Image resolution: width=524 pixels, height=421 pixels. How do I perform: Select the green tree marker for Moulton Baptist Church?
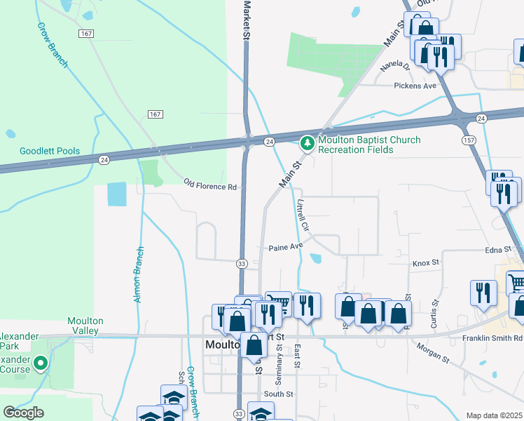307,144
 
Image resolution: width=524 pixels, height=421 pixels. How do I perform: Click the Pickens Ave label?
415,86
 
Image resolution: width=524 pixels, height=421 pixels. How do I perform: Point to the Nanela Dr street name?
394,67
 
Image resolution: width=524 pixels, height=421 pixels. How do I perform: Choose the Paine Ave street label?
286,247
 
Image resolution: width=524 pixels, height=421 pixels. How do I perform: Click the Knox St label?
425,262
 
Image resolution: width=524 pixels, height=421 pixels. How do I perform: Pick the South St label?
277,394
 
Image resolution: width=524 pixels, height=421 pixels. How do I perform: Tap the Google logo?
23,413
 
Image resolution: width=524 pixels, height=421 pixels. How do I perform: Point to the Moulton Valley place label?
85,326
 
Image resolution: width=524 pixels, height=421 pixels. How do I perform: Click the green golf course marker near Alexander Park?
41,363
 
